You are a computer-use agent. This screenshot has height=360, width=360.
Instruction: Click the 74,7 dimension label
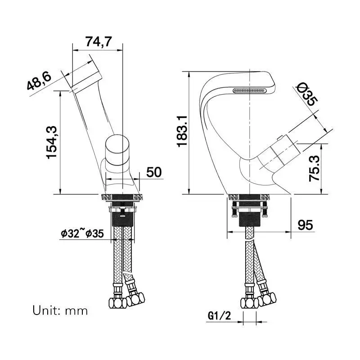pos(99,41)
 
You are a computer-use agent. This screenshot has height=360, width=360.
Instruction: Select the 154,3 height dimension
pos(52,142)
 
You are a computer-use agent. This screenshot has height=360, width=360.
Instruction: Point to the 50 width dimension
pos(154,172)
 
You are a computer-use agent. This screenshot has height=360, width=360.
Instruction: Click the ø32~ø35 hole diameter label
pos(82,234)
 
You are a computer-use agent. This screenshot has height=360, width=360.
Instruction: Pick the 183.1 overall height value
pos(182,131)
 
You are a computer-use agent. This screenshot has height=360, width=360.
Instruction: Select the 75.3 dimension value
pos(314,168)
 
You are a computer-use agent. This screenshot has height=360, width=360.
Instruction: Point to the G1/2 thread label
pos(219,316)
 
